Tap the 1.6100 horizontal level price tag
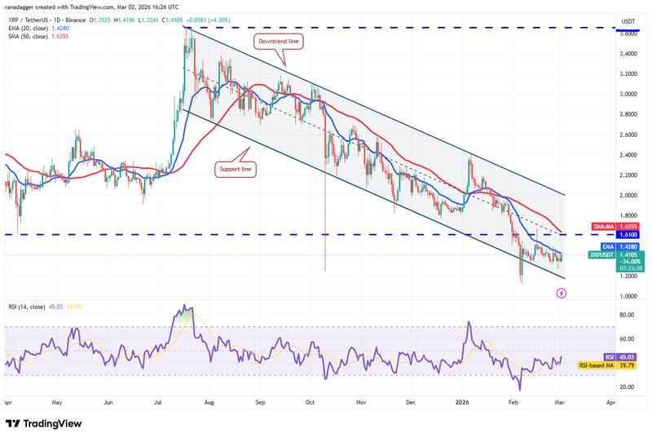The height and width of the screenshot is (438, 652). [x=606, y=235]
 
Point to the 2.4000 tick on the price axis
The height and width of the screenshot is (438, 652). [x=605, y=155]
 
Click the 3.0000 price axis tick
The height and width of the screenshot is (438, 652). [x=605, y=94]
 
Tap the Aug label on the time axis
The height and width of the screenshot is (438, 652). [x=209, y=403]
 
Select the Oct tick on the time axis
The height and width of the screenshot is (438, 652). [x=311, y=403]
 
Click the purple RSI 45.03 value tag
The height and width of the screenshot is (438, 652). [x=606, y=357]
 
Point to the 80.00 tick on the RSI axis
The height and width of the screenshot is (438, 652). [x=604, y=315]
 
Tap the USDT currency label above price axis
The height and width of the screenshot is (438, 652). [x=606, y=21]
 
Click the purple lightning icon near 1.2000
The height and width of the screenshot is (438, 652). [x=561, y=292]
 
